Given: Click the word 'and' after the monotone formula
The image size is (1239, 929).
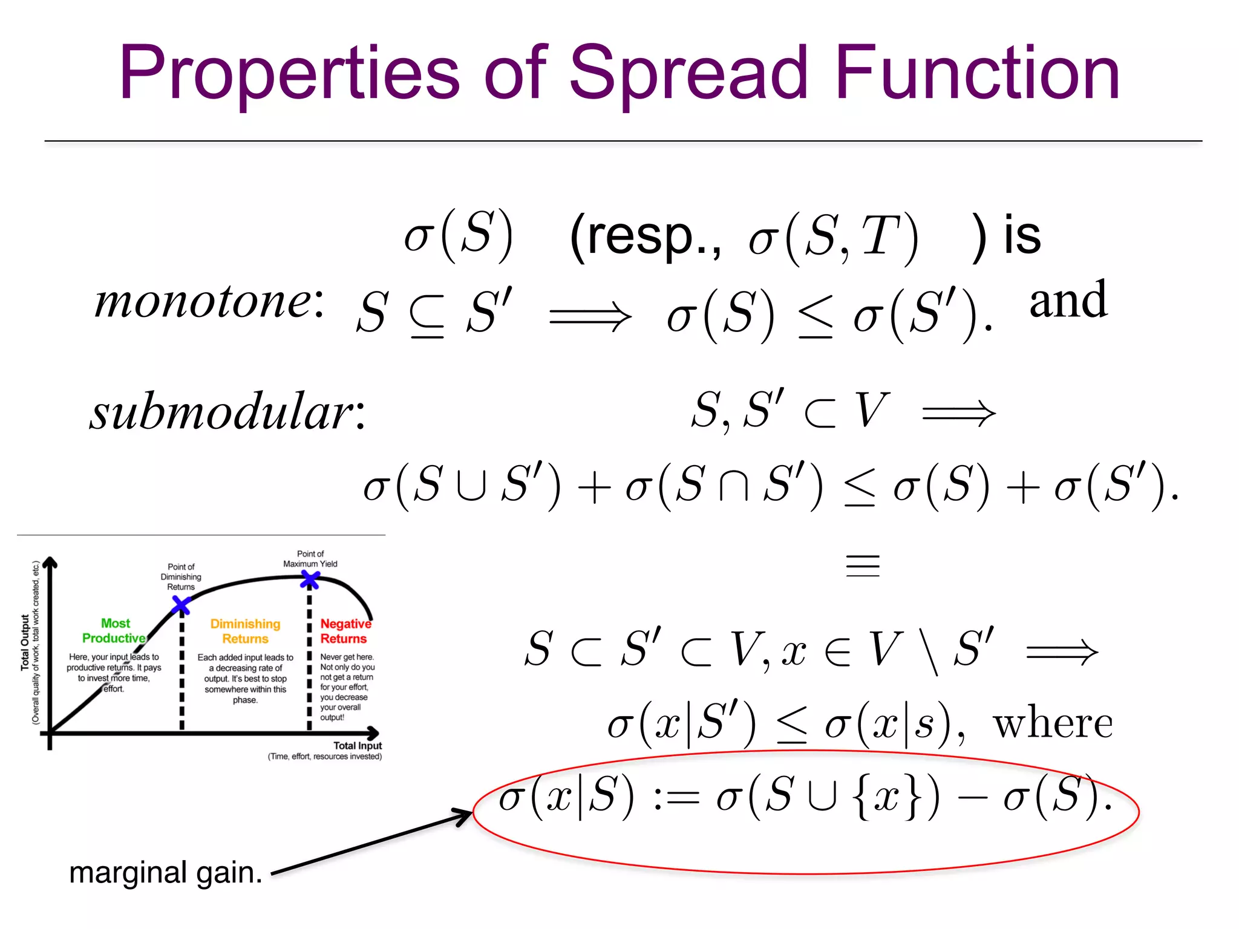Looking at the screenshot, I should [1068, 301].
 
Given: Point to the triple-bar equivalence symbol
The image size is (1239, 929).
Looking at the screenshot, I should [862, 566].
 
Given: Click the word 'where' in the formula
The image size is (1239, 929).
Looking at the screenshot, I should [1052, 723].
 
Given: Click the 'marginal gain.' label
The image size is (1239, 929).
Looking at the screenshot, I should [166, 873].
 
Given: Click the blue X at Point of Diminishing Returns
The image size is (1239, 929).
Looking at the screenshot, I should [181, 605].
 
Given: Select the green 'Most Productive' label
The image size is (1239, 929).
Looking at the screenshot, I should [114, 631].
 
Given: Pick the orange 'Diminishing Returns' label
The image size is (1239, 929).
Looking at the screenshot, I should [245, 631].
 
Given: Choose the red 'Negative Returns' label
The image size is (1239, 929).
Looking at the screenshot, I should [345, 631].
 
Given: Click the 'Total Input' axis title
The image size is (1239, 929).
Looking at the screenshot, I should [357, 746].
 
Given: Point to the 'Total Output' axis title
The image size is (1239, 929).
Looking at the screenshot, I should [25, 642].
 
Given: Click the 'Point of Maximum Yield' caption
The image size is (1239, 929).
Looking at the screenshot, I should [310, 559].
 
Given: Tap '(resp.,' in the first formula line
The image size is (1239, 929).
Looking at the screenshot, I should [645, 236].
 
